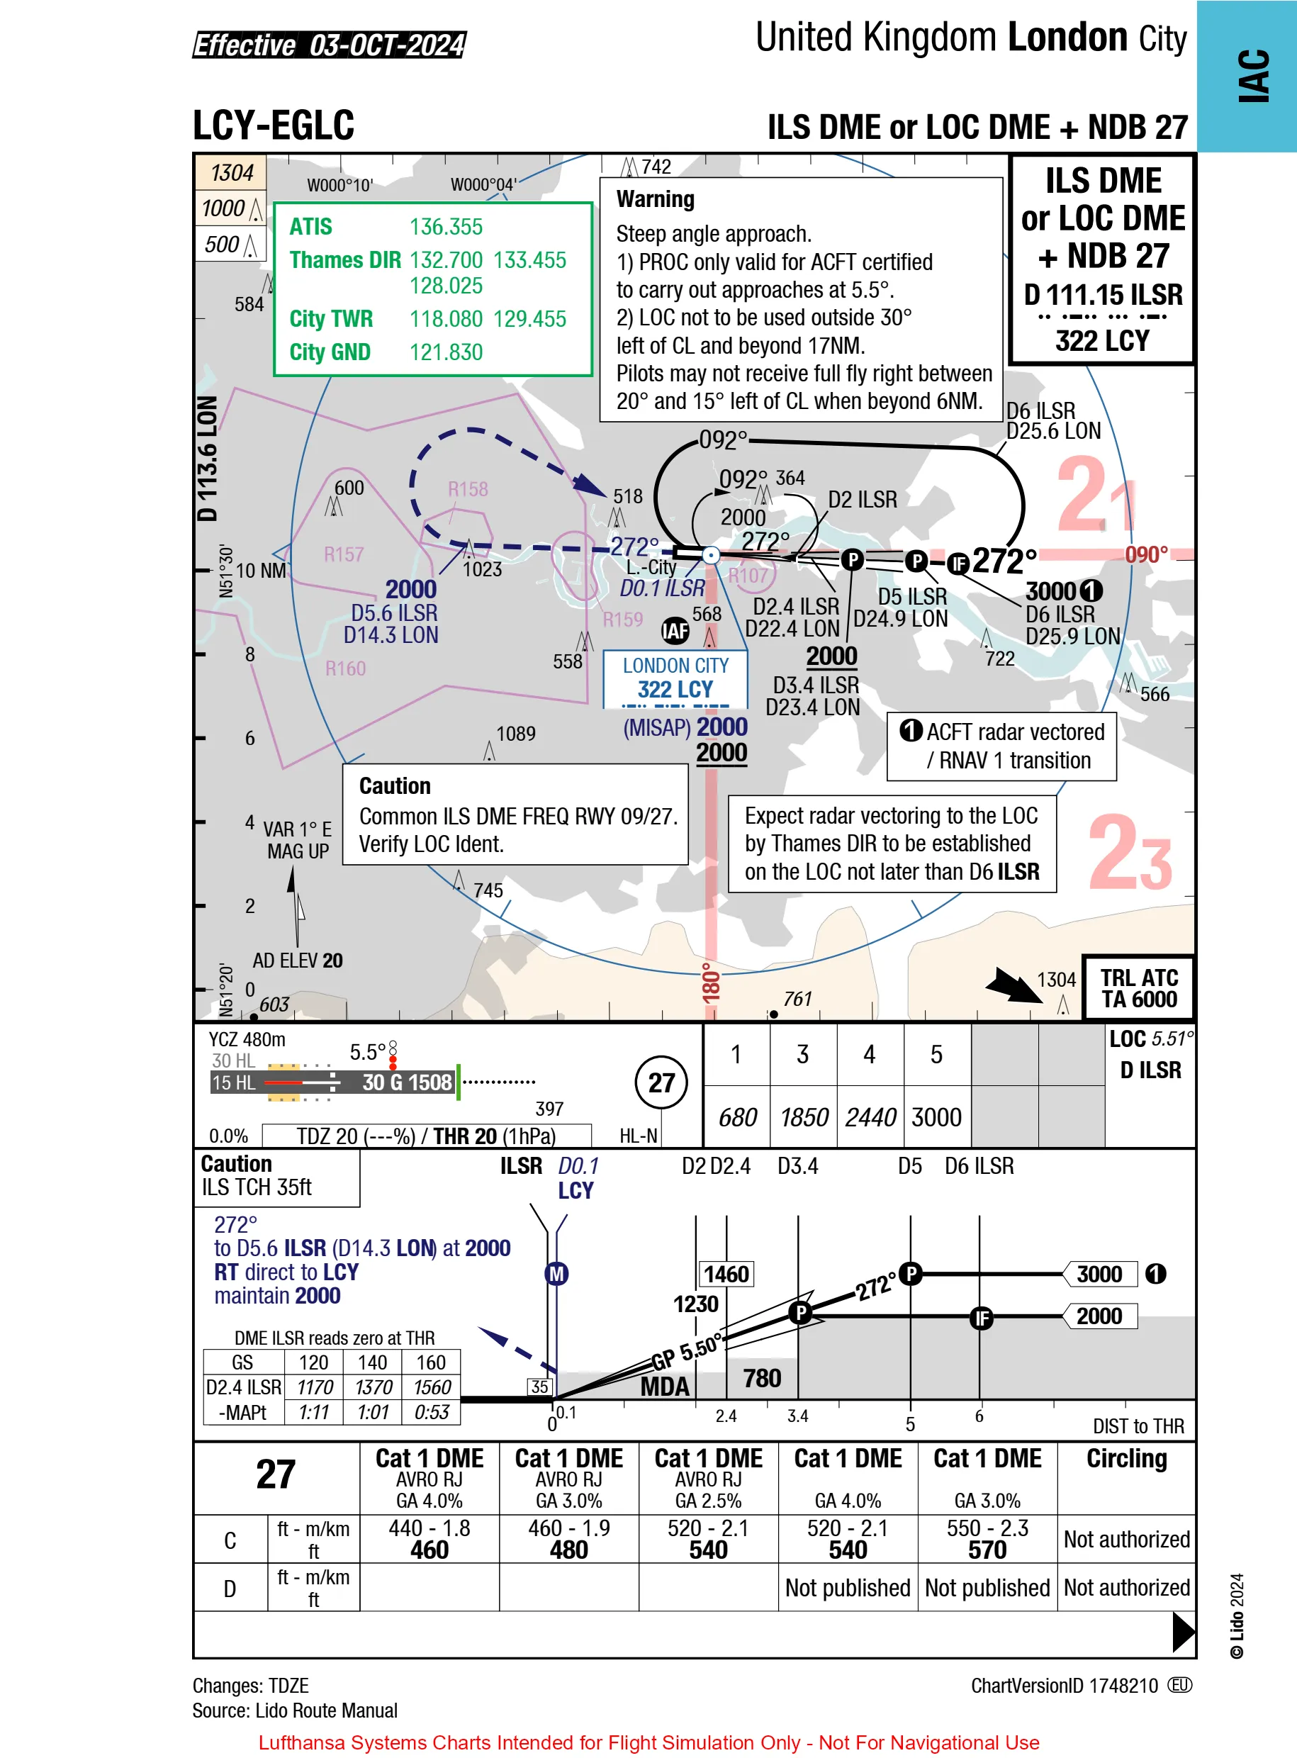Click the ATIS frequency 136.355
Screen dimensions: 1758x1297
[x=446, y=227]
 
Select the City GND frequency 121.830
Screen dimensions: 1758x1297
[x=446, y=352]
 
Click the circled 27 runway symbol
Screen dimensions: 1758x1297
[x=661, y=1082]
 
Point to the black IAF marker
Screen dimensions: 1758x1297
[x=675, y=629]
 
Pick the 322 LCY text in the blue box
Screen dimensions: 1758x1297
[x=675, y=690]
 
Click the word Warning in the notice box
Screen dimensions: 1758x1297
[x=656, y=199]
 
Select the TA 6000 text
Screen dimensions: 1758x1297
[x=1138, y=999]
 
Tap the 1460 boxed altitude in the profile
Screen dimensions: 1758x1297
[x=726, y=1274]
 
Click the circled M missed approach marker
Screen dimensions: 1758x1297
[x=556, y=1274]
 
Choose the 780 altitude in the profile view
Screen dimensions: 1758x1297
[x=762, y=1378]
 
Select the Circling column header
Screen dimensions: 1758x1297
[x=1127, y=1458]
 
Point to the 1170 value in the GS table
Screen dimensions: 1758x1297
[x=314, y=1387]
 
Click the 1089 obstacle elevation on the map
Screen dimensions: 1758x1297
[x=516, y=734]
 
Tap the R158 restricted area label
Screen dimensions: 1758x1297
[x=468, y=489]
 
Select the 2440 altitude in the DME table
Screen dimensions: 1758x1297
[x=870, y=1116]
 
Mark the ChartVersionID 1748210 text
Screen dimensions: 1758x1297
[x=1064, y=1685]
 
